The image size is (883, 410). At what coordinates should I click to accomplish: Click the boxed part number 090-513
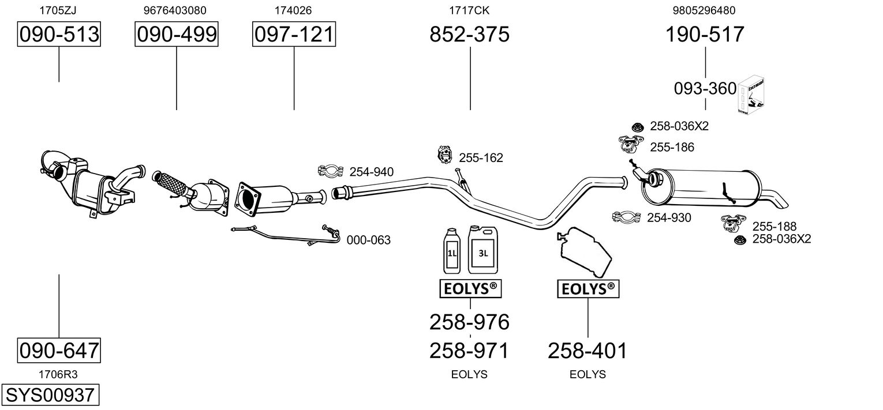[59, 35]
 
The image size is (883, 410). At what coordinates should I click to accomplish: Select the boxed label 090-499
[177, 35]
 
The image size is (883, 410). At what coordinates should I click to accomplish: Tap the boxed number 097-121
[294, 35]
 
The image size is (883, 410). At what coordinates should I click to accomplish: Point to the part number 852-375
[470, 35]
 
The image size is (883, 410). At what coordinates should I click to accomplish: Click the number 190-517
[705, 35]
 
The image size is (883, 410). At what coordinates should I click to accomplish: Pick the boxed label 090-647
[59, 350]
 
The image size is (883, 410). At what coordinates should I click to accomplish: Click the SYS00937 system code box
[50, 396]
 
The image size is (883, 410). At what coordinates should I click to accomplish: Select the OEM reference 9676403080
[174, 10]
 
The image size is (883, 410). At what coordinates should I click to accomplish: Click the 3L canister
[482, 250]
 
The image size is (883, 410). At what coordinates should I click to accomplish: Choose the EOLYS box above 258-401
[588, 289]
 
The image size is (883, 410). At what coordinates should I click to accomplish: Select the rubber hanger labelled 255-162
[444, 156]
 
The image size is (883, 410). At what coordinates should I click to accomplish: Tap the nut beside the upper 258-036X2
[638, 126]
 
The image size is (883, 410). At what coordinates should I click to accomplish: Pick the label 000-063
[368, 240]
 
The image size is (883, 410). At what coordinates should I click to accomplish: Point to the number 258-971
[470, 350]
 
